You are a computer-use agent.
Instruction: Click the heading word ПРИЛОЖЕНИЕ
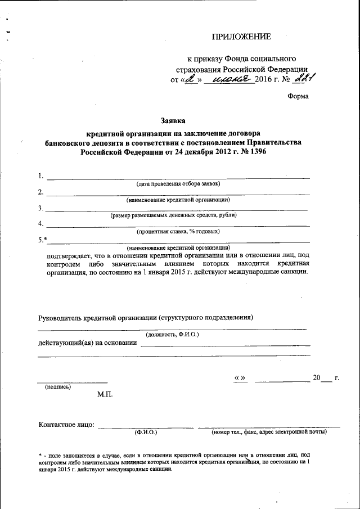[241, 37]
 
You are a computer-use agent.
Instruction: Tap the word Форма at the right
[298, 96]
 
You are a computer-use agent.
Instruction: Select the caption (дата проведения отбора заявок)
[178, 184]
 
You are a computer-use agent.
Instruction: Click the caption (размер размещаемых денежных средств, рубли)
[174, 215]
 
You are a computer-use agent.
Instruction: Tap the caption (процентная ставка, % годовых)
[178, 231]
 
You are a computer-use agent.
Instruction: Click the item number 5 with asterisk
[43, 240]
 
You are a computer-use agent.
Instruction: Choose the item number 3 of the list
[41, 208]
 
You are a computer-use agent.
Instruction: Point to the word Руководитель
[60, 317]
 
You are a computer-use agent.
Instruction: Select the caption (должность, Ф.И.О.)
[172, 335]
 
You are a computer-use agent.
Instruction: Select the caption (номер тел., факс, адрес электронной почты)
[269, 433]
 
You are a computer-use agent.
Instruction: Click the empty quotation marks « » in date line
[240, 378]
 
